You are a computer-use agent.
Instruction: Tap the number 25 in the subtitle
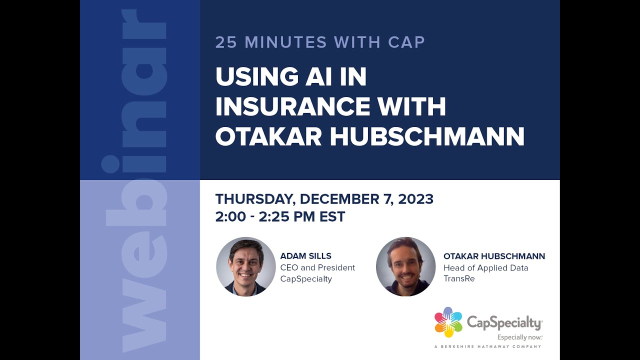point(226,42)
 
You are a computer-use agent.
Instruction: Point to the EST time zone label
point(332,217)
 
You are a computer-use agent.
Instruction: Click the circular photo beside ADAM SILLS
point(246,266)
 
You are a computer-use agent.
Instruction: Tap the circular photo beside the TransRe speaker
point(406,266)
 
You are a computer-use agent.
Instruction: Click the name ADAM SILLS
point(305,256)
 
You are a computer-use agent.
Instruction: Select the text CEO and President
point(317,267)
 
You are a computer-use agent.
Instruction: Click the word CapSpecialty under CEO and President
point(306,278)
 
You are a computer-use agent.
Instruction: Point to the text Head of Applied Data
point(485,267)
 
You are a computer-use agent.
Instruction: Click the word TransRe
point(459,278)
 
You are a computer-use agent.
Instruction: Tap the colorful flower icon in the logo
point(448,322)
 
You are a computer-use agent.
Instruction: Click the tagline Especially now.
point(519,337)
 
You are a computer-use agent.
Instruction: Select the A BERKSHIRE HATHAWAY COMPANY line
point(487,346)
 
